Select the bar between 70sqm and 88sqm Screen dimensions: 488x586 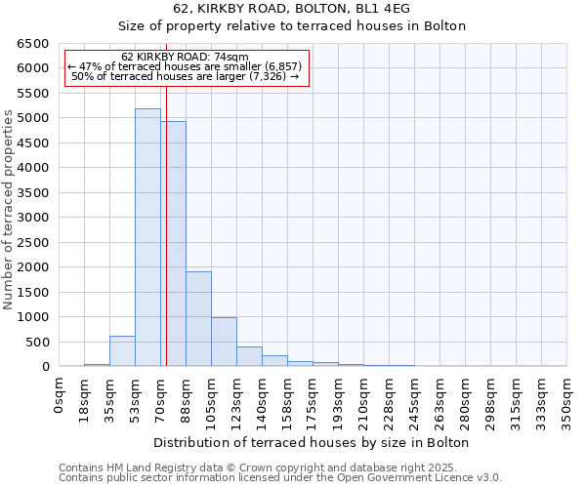[174, 244]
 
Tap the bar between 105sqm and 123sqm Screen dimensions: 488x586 [224, 342]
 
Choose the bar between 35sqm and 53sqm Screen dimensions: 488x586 [122, 351]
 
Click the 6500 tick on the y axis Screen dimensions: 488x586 [33, 44]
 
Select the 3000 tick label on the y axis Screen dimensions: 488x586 [33, 218]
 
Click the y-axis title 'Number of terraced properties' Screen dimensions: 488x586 [9, 210]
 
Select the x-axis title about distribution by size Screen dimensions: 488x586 [312, 442]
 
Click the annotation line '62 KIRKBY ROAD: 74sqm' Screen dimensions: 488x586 [187, 57]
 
